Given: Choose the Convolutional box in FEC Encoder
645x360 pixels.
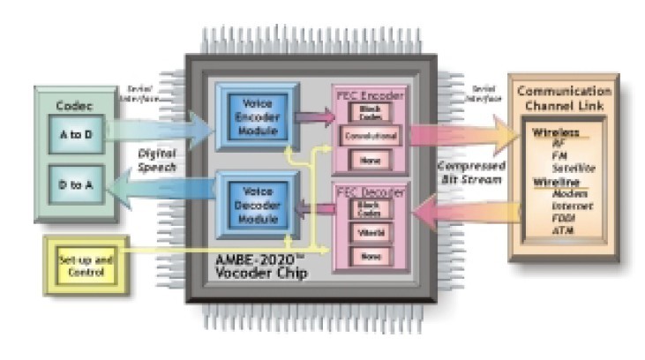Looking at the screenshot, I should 368,137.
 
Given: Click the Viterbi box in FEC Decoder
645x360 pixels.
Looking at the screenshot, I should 368,233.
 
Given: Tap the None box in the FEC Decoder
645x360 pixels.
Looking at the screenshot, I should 368,257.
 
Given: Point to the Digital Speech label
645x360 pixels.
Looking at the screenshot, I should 160,160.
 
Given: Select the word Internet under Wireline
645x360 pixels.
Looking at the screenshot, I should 567,205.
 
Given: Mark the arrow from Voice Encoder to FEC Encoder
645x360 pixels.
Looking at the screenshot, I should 316,115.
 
